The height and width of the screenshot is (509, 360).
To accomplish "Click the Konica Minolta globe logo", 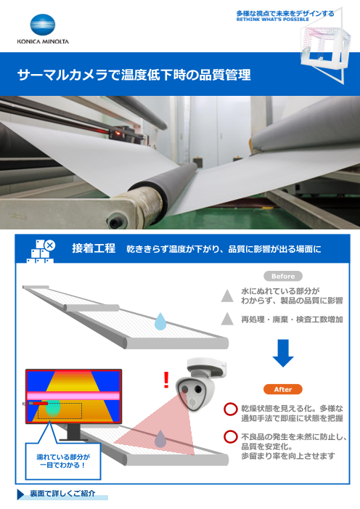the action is point(43,25).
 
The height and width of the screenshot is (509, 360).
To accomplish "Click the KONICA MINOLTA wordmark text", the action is point(43,41).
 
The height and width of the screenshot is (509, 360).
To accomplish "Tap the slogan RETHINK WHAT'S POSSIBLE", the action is point(273,20).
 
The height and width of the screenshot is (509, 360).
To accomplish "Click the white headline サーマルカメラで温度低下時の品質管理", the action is point(134,75).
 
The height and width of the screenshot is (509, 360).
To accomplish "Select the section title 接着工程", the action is point(94,248).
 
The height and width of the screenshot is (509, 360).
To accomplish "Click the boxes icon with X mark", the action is point(41,251).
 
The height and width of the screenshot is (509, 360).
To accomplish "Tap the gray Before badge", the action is point(283,276).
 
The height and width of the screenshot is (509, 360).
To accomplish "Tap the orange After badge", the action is point(283,389).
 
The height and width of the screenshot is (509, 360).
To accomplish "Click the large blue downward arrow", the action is point(283,353).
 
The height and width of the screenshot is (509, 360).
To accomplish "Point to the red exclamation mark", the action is point(166,380).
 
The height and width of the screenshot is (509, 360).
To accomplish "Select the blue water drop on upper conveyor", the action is point(160,322).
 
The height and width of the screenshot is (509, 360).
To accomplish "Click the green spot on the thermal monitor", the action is point(53,409).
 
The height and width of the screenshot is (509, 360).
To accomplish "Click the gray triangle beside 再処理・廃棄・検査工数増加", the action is point(227,319).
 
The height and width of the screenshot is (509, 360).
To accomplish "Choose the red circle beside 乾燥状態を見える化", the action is point(231,410).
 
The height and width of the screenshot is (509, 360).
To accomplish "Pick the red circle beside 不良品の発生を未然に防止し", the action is point(231,436).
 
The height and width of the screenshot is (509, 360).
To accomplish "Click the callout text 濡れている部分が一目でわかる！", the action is point(63,461).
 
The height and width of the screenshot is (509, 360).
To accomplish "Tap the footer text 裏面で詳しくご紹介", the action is point(62,494).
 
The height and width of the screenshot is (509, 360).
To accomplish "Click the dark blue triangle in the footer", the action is point(21,494).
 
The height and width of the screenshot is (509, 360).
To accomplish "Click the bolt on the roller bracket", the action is point(115,222).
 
